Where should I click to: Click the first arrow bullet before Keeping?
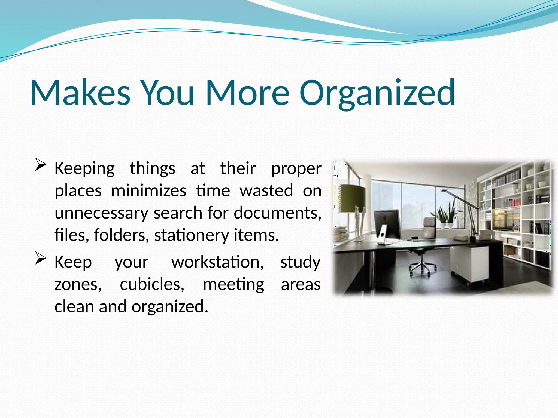click(41, 165)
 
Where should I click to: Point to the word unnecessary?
click(101, 213)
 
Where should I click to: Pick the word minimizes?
click(149, 190)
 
